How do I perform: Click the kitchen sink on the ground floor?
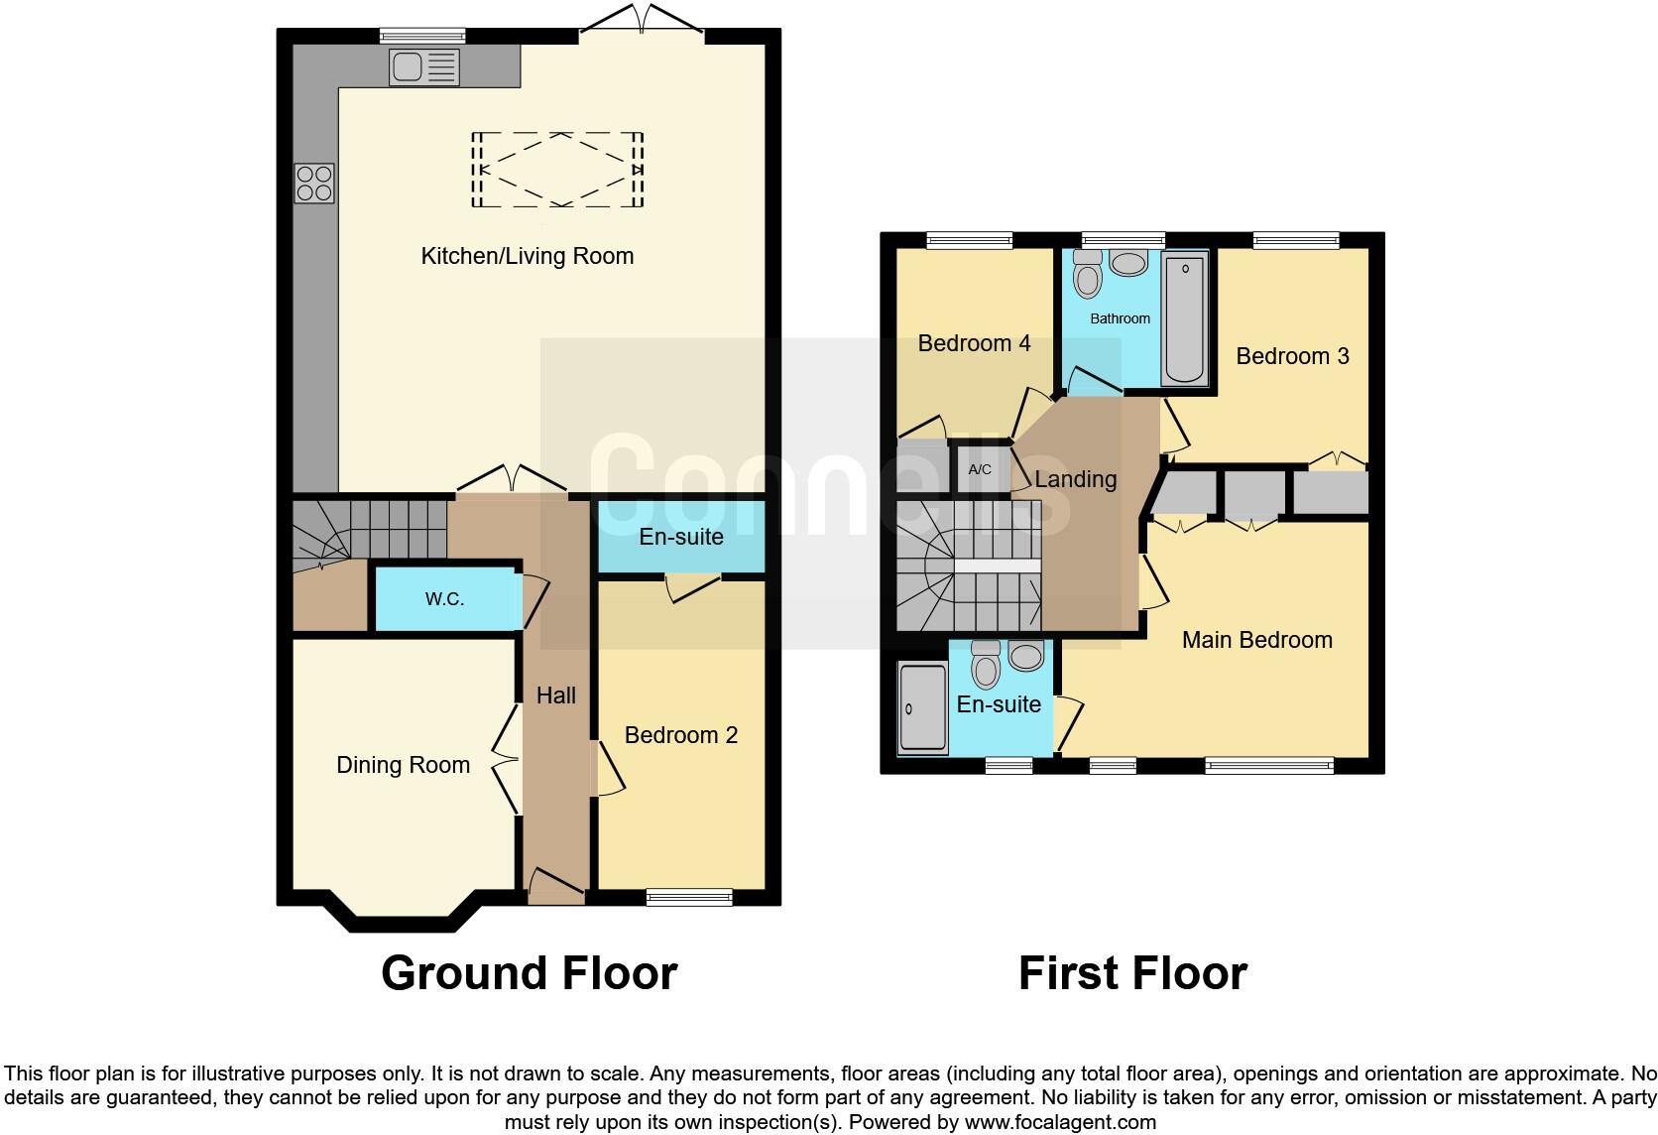pyautogui.click(x=424, y=67)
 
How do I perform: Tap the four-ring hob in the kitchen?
pyautogui.click(x=314, y=184)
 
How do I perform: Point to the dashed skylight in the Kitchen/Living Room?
pyautogui.click(x=558, y=171)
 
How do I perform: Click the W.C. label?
pyautogui.click(x=444, y=599)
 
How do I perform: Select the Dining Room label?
pyautogui.click(x=403, y=765)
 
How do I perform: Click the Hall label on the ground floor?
pyautogui.click(x=556, y=695)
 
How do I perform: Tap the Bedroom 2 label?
pyautogui.click(x=681, y=735)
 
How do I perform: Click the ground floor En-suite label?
pyautogui.click(x=681, y=537)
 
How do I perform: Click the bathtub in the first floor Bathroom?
pyautogui.click(x=1185, y=317)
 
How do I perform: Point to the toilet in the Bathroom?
pyautogui.click(x=1088, y=274)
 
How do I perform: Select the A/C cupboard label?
pyautogui.click(x=980, y=469)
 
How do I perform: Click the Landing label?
pyautogui.click(x=1076, y=479)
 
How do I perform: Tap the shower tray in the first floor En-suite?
pyautogui.click(x=922, y=707)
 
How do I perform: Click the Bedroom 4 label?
pyautogui.click(x=974, y=343)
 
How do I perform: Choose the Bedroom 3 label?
pyautogui.click(x=1292, y=356)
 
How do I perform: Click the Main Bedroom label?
pyautogui.click(x=1256, y=640)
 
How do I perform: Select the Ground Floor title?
pyautogui.click(x=529, y=973)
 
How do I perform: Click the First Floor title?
pyautogui.click(x=1132, y=973)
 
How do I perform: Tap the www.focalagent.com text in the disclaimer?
pyautogui.click(x=1060, y=1123)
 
